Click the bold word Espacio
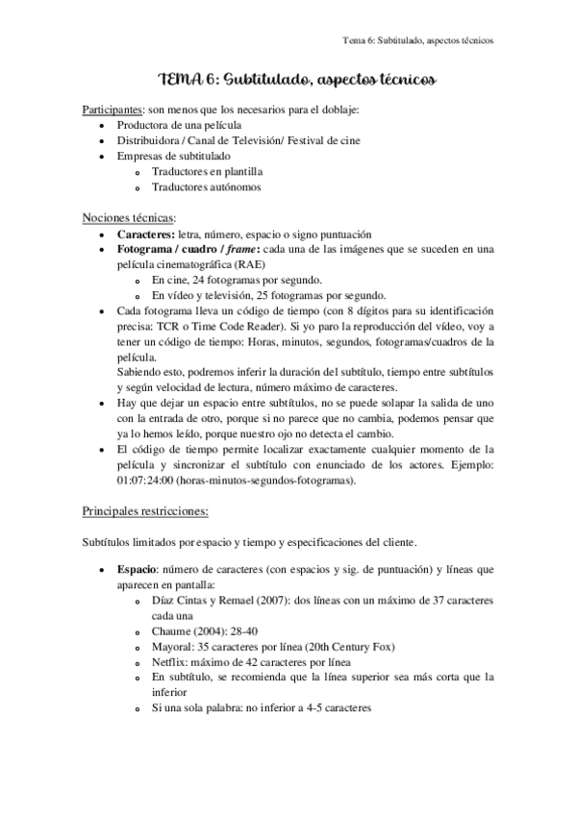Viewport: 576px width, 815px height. click(138, 569)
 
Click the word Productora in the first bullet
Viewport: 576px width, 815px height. click(144, 126)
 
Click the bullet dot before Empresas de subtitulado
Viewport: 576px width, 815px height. click(103, 156)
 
